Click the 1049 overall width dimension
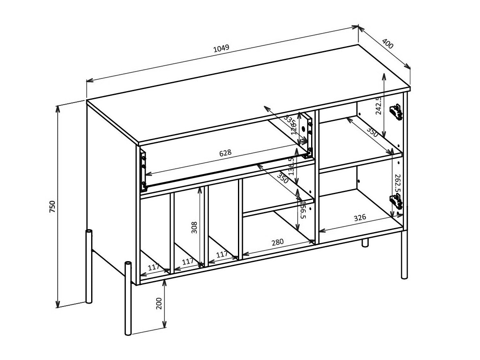(x=221, y=48)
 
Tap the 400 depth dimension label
(x=387, y=44)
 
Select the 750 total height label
(x=52, y=207)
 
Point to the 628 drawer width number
(x=225, y=153)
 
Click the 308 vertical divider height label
(x=194, y=228)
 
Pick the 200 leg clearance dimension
(x=159, y=303)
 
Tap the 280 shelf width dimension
(x=277, y=242)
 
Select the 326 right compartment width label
(x=360, y=217)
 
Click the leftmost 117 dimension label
(x=154, y=268)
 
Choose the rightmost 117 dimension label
(x=222, y=254)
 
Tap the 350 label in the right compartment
(x=372, y=132)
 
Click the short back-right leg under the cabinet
(x=365, y=243)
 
